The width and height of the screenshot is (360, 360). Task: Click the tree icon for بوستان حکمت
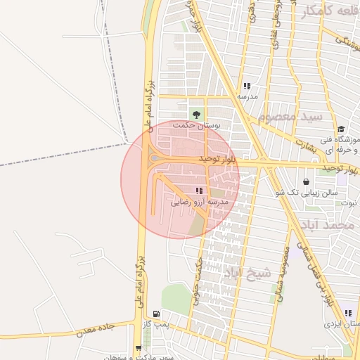pyautogui.click(x=196, y=114)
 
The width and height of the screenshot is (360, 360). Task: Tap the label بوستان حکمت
pyautogui.click(x=196, y=125)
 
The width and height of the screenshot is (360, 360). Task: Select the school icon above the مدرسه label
pyautogui.click(x=247, y=86)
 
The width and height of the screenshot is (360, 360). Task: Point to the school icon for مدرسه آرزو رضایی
pyautogui.click(x=200, y=191)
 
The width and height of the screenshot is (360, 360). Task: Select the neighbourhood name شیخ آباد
pyautogui.click(x=242, y=272)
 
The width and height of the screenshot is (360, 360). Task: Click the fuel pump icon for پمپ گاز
pyautogui.click(x=155, y=314)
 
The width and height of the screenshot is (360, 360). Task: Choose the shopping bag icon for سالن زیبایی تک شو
pyautogui.click(x=306, y=181)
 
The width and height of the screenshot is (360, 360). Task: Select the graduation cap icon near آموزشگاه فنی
pyautogui.click(x=341, y=129)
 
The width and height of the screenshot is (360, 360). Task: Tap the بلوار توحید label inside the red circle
pyautogui.click(x=219, y=160)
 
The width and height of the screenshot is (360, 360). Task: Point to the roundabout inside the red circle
pyautogui.click(x=155, y=158)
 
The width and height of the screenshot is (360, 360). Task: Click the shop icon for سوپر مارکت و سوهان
pyautogui.click(x=139, y=347)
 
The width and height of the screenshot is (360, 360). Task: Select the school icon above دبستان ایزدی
pyautogui.click(x=348, y=314)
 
